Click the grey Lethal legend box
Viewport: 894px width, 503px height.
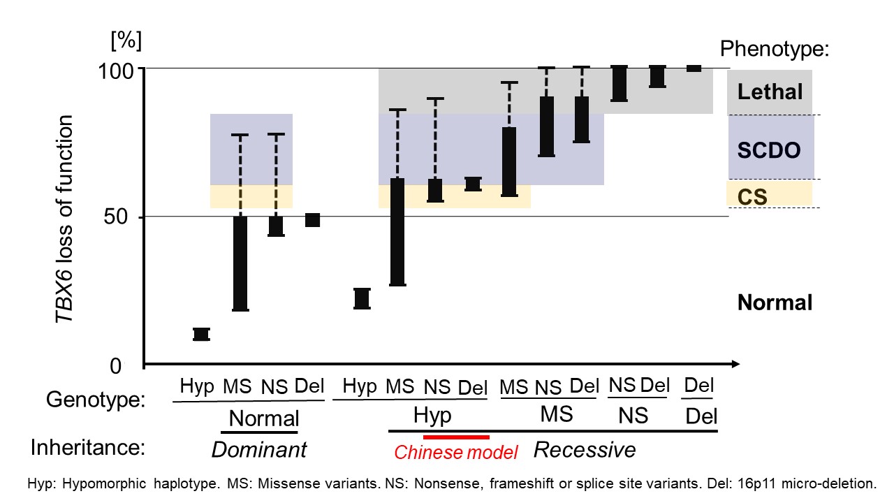(770, 92)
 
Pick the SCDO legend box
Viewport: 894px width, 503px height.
(770, 148)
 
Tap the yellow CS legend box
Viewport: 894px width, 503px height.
(770, 194)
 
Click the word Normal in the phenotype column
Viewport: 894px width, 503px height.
(775, 302)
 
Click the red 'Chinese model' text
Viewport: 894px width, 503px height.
(455, 453)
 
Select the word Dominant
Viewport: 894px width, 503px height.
(258, 450)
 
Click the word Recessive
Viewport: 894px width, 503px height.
(585, 450)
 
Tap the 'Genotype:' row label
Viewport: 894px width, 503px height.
(96, 400)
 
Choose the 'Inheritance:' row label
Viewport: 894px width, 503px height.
(87, 448)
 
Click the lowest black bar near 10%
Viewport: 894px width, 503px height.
(201, 335)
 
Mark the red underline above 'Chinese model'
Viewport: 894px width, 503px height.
(456, 437)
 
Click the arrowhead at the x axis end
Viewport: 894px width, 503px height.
(735, 364)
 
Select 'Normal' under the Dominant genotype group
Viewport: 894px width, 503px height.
(264, 418)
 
